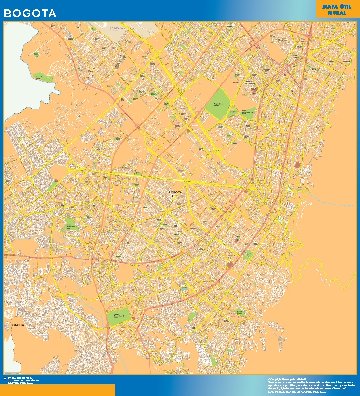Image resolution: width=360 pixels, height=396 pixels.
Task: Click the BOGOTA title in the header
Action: tap(30, 14)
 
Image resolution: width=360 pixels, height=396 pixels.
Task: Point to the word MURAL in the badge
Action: tap(336, 13)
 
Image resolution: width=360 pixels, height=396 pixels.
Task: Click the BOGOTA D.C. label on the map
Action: tap(175, 194)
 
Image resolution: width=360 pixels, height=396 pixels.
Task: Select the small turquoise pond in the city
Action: tap(184, 288)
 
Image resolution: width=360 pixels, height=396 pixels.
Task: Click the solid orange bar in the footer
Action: tap(58, 390)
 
